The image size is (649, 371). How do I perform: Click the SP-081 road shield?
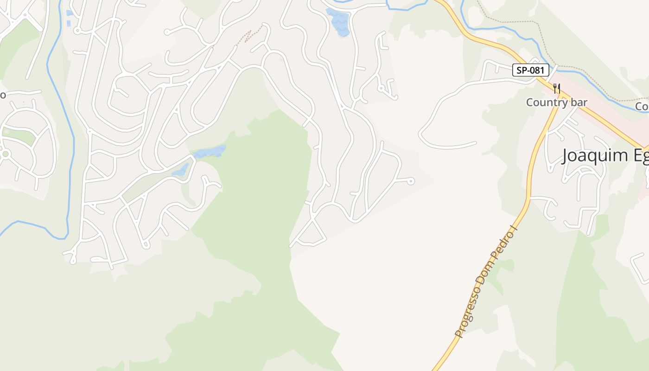pyautogui.click(x=530, y=70)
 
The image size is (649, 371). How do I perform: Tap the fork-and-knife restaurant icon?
pyautogui.click(x=557, y=88)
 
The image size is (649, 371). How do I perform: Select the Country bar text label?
pyautogui.click(x=556, y=102)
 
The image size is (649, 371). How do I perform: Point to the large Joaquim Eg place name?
pyautogui.click(x=605, y=155)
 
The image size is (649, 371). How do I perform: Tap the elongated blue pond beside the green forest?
pyautogui.click(x=210, y=152)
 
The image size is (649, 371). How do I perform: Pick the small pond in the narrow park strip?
pyautogui.click(x=180, y=170)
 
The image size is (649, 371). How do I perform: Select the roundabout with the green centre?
pyautogui.click(x=6, y=154)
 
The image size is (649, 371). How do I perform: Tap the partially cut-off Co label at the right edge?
pyautogui.click(x=642, y=107)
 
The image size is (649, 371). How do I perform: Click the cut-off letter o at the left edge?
pyautogui.click(x=2, y=95)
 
